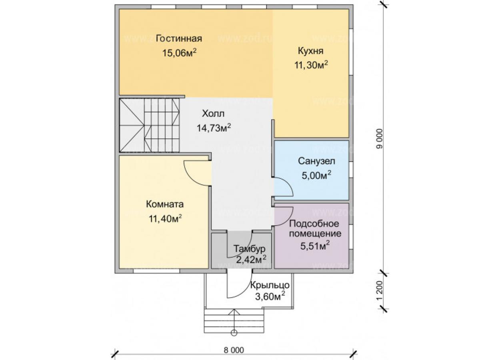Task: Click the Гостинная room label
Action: coord(179,39)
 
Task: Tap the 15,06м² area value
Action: coord(179,53)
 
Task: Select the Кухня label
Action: coord(310,51)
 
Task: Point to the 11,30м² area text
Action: coord(311,65)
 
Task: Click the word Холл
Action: coord(213,114)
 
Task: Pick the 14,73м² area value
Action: coord(214,128)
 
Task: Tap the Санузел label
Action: coord(316,161)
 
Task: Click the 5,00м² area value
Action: coord(316,176)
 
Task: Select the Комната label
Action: coord(165,204)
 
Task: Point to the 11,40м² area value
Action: coord(165,219)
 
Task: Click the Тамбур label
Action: coord(249,249)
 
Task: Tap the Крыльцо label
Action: coord(270,285)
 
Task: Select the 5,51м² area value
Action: coord(315,246)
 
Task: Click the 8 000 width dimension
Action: coord(234,350)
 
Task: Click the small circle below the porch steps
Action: coord(234,340)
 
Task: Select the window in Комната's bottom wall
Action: coord(156,271)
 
